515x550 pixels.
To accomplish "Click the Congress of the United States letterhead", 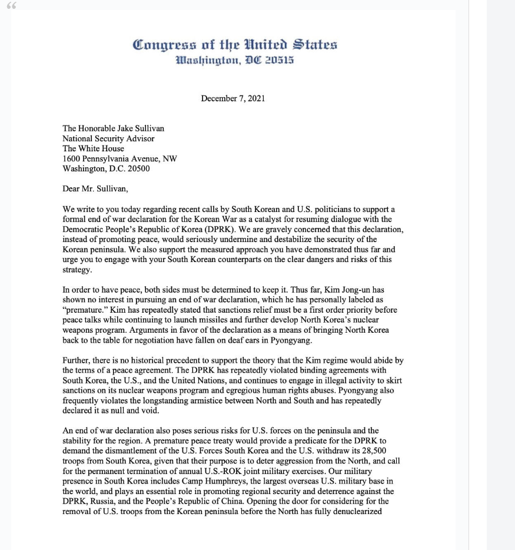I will tap(235, 45).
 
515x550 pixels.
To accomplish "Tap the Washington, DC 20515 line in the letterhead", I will tap(235, 61).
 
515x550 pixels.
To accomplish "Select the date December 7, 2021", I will tap(233, 98).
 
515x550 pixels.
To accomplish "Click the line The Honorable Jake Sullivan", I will tap(113, 129).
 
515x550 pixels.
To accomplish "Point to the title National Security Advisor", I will tap(108, 139).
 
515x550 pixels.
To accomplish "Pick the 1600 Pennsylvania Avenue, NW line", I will tap(119, 159).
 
